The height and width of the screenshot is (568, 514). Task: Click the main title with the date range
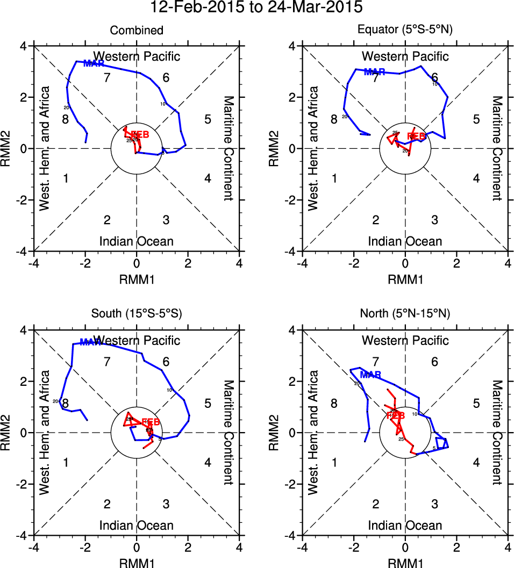[257, 8]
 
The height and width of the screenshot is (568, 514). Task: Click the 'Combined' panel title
[137, 31]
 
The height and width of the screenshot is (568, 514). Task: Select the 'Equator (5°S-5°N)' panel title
[405, 31]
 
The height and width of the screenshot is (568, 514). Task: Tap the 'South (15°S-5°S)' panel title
[137, 314]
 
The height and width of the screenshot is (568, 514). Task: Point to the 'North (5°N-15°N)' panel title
[405, 314]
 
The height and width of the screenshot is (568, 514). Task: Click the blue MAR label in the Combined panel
[94, 63]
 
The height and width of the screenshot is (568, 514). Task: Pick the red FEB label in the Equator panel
[416, 136]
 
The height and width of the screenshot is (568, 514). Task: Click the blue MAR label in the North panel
[370, 375]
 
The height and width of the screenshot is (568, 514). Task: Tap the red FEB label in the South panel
[151, 421]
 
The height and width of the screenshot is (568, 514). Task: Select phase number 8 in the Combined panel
[65, 119]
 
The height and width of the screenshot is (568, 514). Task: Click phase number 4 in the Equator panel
[476, 178]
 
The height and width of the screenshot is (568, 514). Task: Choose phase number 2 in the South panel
[107, 504]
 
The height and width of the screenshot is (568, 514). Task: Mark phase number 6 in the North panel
[434, 362]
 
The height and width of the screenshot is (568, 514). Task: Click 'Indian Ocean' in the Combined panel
[137, 241]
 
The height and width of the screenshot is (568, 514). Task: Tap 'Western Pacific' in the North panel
[405, 340]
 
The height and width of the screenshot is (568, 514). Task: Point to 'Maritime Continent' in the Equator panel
[497, 148]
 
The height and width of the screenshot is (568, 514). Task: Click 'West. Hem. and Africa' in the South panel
[45, 433]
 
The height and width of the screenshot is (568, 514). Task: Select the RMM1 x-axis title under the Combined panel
[137, 279]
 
